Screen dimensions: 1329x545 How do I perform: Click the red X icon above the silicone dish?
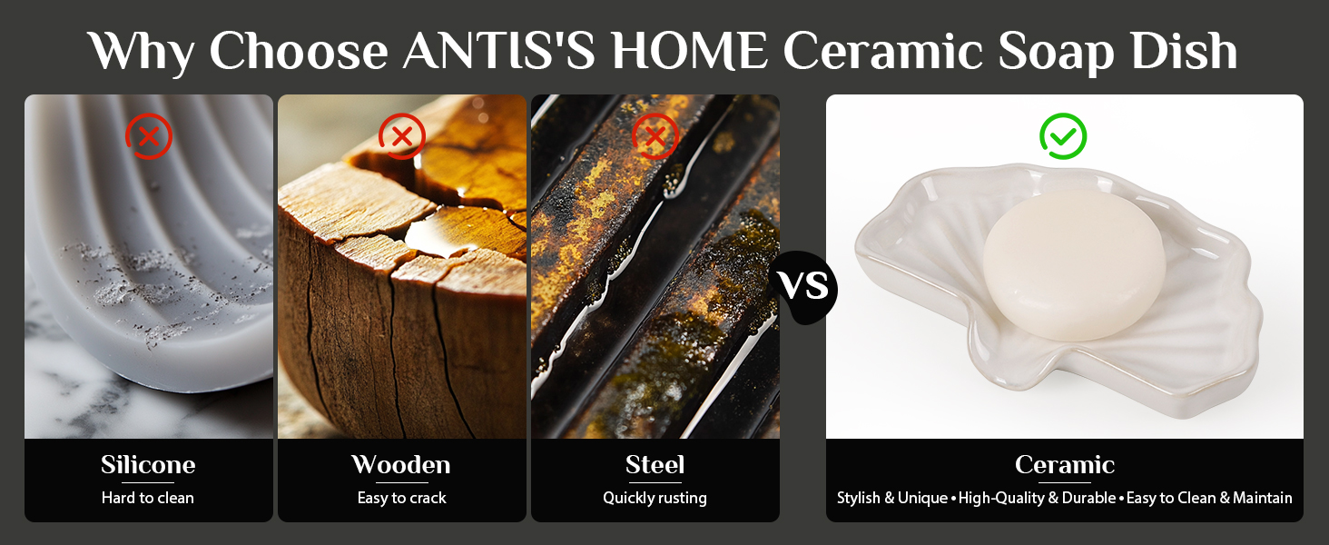point(149,136)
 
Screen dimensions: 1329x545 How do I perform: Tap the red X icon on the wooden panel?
point(402,136)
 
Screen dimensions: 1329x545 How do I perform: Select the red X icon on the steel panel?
point(655,136)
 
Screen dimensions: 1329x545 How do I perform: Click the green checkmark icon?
point(1063,136)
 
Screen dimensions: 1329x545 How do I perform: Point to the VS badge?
point(804,287)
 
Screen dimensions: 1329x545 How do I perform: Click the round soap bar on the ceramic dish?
point(1074,265)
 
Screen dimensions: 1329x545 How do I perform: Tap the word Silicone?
point(148,464)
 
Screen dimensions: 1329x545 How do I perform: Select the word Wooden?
point(401,464)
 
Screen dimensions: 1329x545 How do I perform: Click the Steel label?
point(655,464)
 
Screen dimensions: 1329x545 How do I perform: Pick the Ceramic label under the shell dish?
point(1065,464)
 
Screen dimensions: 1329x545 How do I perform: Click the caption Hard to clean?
point(148,498)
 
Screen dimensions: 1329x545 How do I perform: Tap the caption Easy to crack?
point(401,498)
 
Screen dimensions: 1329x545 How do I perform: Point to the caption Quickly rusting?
point(655,498)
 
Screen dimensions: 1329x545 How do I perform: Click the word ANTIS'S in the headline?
point(499,52)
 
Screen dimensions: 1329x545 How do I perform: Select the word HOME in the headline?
point(689,51)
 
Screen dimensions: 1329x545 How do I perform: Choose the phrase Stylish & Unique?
point(892,498)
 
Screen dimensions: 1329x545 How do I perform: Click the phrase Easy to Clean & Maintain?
point(1209,498)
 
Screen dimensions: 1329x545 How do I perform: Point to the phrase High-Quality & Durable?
point(1037,498)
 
